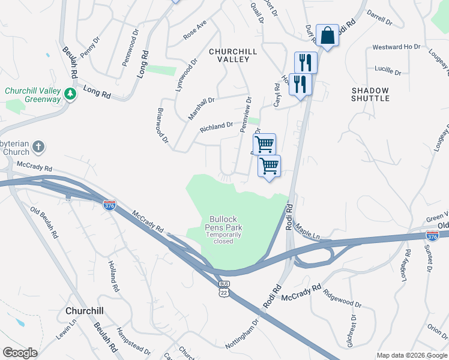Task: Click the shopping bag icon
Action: [328, 35]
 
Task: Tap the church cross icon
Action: [38, 146]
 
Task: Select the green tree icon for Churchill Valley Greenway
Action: [70, 94]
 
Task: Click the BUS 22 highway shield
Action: [224, 287]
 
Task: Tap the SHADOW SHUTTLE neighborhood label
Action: [370, 94]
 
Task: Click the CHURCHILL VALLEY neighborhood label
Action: [237, 56]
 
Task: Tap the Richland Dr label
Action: [216, 127]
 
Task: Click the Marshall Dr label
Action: [200, 104]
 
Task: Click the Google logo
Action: [20, 353]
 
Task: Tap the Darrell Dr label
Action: [379, 22]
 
